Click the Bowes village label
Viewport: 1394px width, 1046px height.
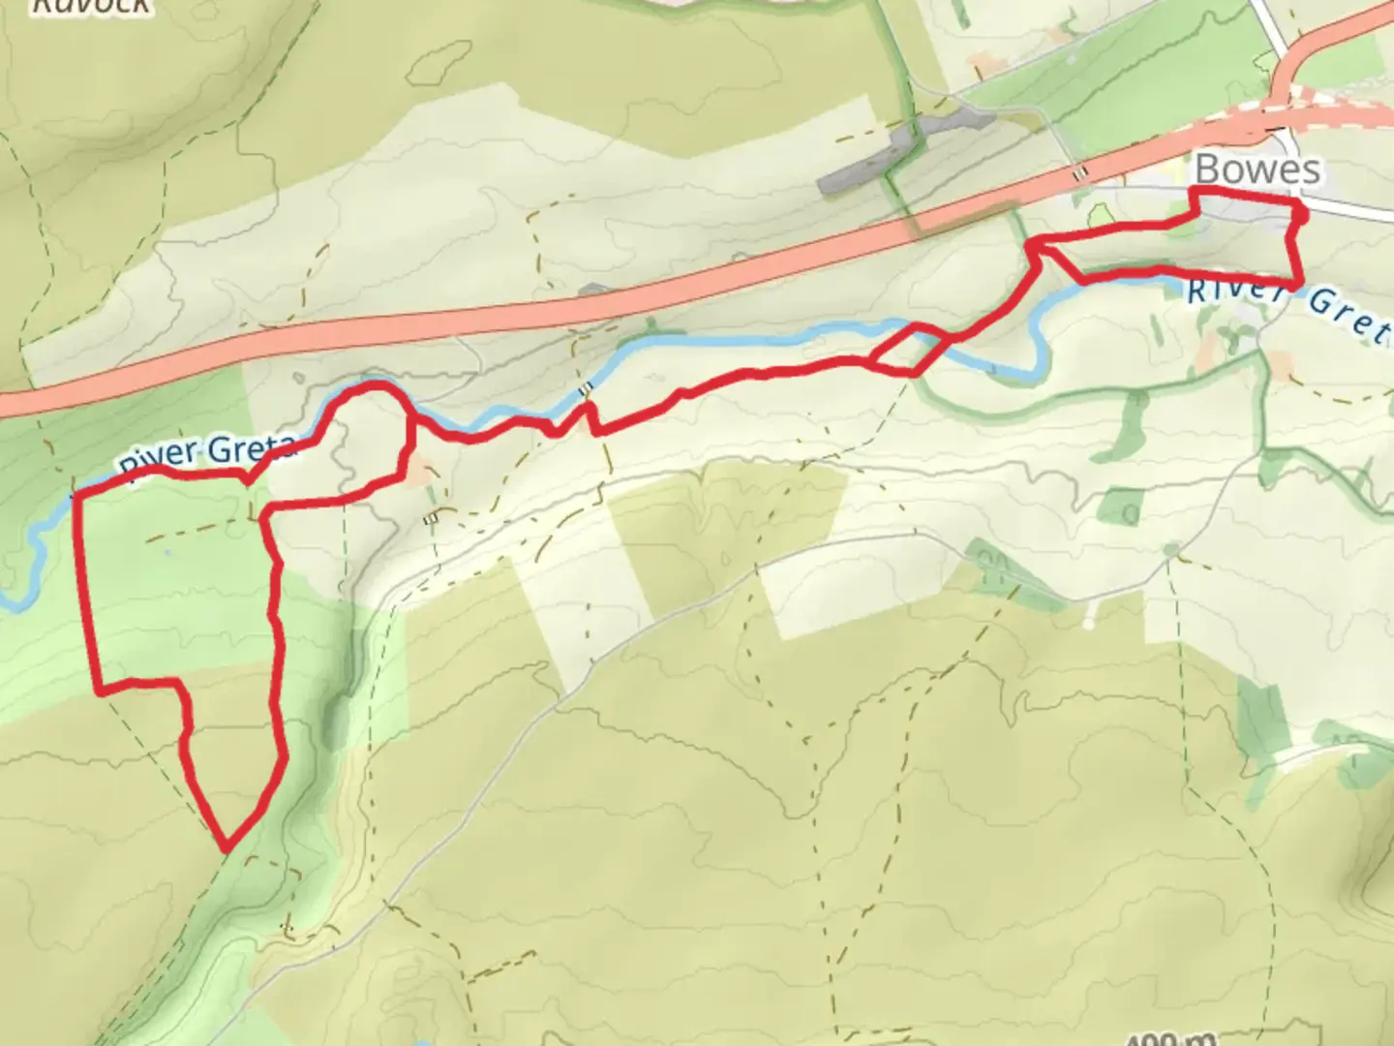(x=1257, y=169)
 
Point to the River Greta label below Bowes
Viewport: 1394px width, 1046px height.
(x=1288, y=306)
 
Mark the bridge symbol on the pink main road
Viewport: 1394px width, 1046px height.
(x=1080, y=172)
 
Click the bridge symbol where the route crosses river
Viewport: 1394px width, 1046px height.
(x=584, y=389)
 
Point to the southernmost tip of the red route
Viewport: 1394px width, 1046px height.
(x=227, y=848)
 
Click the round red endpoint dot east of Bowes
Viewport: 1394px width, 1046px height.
(x=1300, y=216)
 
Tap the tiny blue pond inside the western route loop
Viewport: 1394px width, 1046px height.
(x=169, y=553)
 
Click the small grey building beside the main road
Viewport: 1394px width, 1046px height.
(x=591, y=289)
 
